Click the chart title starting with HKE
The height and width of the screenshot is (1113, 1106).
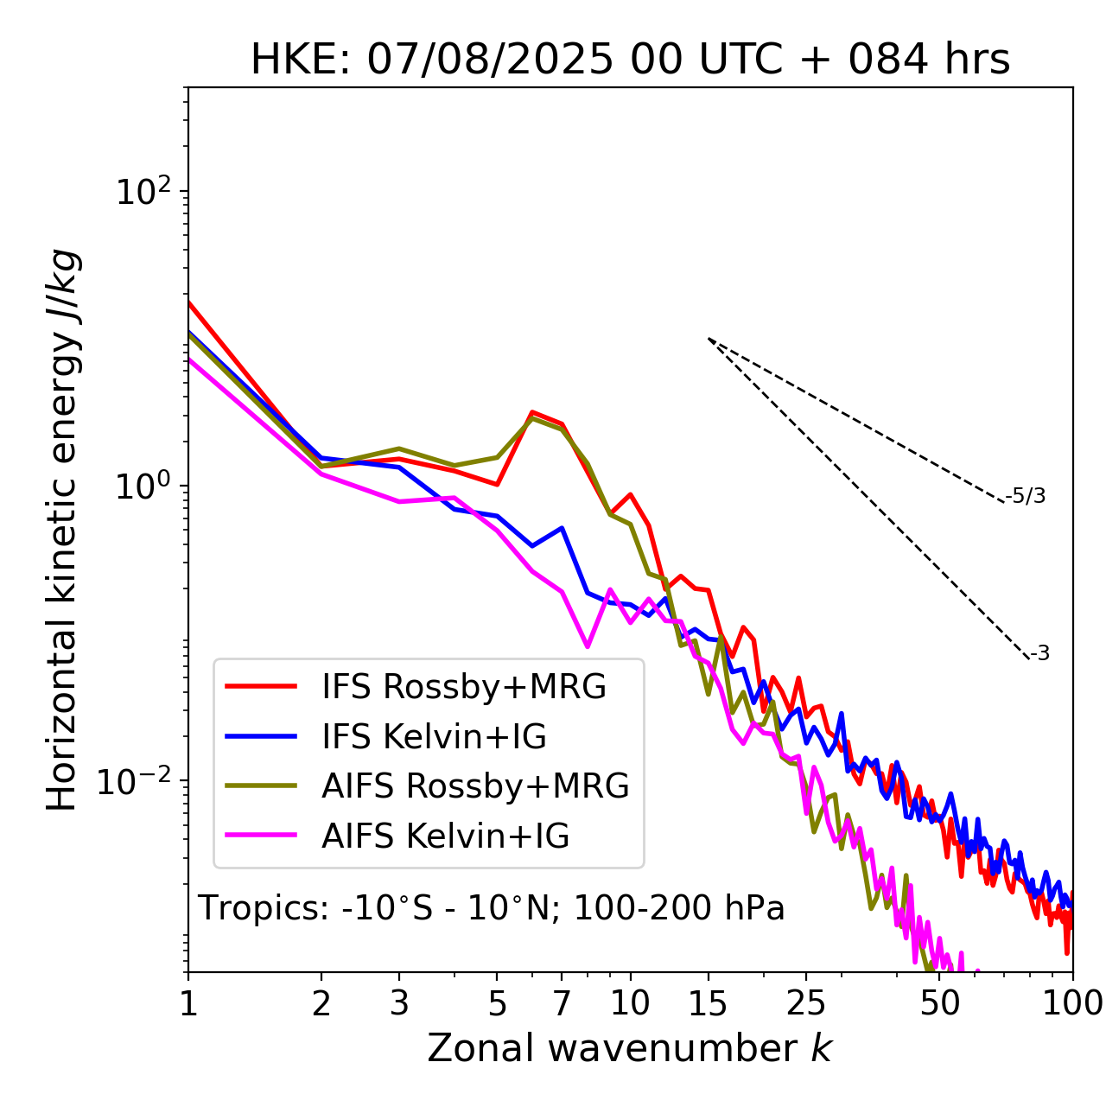(x=630, y=60)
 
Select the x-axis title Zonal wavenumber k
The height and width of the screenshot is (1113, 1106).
(x=629, y=1048)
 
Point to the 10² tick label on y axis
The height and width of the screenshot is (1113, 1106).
(x=140, y=192)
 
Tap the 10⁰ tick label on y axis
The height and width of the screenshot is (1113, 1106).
(x=140, y=487)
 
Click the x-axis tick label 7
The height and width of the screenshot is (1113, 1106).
(x=562, y=1003)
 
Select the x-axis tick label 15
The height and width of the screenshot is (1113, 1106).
(x=709, y=1003)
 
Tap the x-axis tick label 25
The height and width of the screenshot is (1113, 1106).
(x=806, y=1003)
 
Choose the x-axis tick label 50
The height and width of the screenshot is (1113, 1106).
(x=940, y=1003)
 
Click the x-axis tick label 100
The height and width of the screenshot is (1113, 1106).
(x=1072, y=1003)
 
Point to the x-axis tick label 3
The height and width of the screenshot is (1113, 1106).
(x=399, y=1003)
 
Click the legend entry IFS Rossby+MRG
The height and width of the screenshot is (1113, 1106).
(x=463, y=687)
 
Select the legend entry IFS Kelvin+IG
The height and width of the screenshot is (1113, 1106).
(x=434, y=737)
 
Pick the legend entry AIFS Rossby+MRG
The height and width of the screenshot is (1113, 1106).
(x=475, y=786)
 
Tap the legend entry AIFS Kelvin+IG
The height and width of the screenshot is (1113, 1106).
(x=446, y=836)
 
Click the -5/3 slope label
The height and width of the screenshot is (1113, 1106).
(x=1026, y=496)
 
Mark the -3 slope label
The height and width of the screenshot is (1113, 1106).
(x=1039, y=654)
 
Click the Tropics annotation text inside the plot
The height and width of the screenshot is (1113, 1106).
(x=491, y=908)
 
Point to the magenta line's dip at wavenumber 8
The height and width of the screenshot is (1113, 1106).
(x=588, y=646)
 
